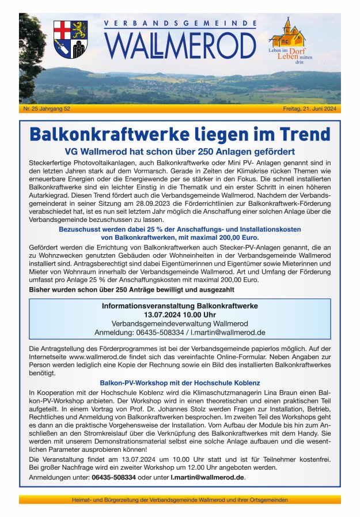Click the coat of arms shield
71,39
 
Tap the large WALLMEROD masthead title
180,44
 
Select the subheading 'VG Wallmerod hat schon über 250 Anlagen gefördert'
180,152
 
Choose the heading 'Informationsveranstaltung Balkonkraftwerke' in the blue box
180,305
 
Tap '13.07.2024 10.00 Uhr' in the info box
180,314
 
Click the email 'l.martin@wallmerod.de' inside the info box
229,333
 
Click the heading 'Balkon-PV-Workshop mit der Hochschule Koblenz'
180,383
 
